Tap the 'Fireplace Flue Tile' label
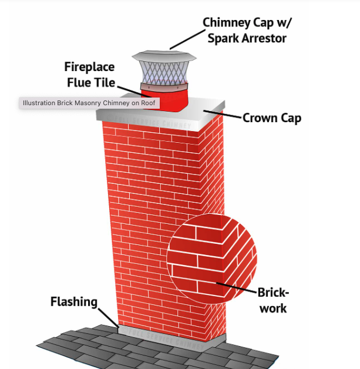click(89, 74)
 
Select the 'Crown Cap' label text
click(272, 118)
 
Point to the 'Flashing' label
click(73, 302)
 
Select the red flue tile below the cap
click(166, 99)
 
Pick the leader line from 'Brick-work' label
click(238, 287)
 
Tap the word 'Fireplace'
click(89, 66)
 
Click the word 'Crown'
click(259, 118)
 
